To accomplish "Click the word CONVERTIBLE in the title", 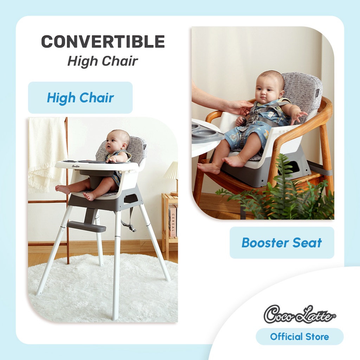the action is [x=103, y=41].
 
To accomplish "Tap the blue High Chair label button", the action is [x=80, y=98].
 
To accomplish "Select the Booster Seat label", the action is [x=282, y=243].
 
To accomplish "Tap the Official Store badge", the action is [x=300, y=336].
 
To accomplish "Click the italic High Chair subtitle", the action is [x=103, y=61].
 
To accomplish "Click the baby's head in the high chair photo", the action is [x=117, y=141].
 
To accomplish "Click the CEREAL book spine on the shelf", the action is [x=172, y=221].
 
